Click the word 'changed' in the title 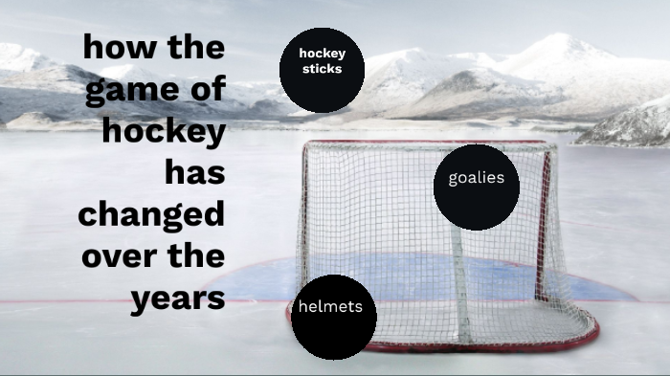(151, 214)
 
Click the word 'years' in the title (178, 299)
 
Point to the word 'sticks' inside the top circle (322, 69)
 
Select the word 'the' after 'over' (198, 255)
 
